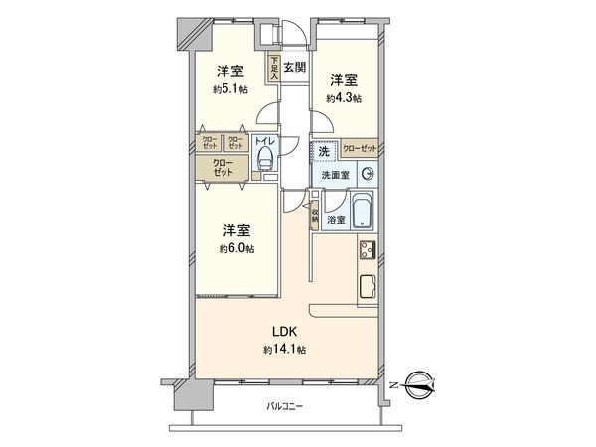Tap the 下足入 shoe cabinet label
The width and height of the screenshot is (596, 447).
click(271, 67)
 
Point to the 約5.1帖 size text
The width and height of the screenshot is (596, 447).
click(229, 89)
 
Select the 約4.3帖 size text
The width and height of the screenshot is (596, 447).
click(343, 97)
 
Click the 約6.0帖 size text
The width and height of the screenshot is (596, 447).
click(236, 248)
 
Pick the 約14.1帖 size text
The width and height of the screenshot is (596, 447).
click(284, 350)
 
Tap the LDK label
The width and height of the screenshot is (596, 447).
click(286, 332)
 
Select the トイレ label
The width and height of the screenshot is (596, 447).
click(264, 141)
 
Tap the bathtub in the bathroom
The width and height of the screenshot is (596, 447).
click(362, 212)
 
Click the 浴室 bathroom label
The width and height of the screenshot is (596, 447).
click(335, 220)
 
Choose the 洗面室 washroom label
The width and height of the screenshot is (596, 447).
click(334, 175)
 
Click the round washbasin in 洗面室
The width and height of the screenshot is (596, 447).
click(368, 174)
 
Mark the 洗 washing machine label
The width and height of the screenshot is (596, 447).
click(324, 151)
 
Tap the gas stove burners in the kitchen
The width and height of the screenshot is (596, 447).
click(366, 249)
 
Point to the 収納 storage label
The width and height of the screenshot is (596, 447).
click(314, 213)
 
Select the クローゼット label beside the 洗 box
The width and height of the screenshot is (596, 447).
click(360, 149)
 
